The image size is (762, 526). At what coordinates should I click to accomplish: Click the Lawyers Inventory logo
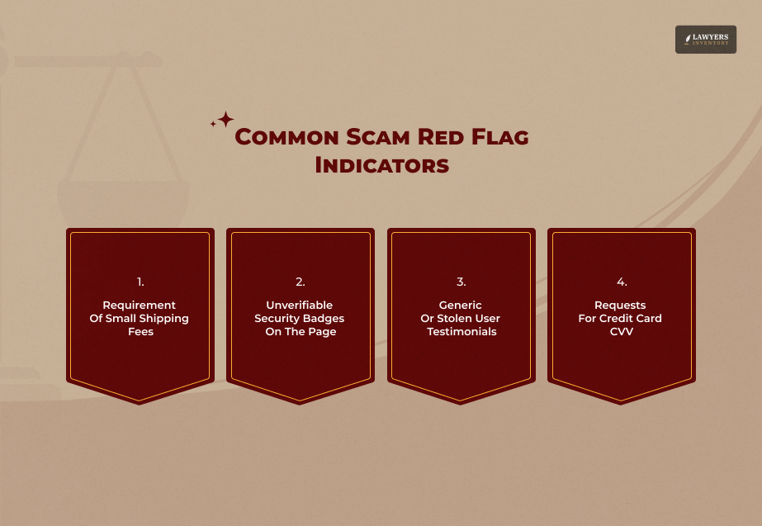705,40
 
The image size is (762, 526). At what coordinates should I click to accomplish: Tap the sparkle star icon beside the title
224,121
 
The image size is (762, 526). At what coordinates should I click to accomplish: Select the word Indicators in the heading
381,165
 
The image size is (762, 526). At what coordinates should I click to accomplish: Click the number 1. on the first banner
140,282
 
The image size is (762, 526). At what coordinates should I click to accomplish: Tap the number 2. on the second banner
300,282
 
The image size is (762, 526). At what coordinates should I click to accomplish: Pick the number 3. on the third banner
461,282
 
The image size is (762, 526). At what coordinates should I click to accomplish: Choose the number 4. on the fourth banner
621,282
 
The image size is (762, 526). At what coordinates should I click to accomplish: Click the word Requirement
139,306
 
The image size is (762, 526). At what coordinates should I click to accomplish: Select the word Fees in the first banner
140,332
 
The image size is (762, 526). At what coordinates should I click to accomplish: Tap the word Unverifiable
299,306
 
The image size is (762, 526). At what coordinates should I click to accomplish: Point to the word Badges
323,319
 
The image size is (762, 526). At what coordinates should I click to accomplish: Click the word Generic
460,306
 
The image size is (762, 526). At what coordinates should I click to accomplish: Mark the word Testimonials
461,332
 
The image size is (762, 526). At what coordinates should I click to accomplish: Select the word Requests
620,306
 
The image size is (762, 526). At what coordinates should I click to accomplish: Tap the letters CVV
621,332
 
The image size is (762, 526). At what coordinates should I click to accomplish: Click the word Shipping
163,319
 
